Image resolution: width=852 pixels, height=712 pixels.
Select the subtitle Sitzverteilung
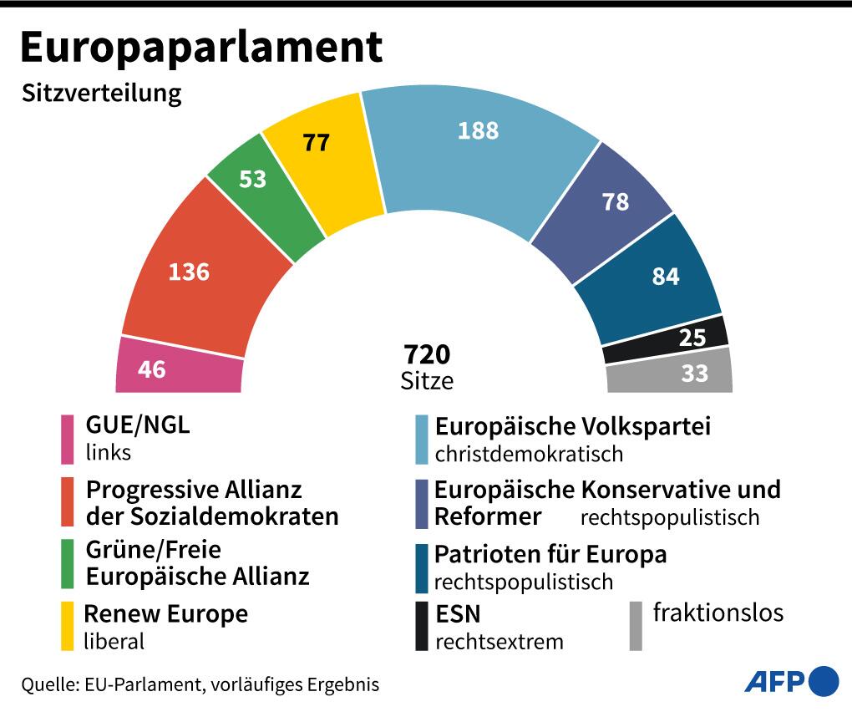click(x=102, y=93)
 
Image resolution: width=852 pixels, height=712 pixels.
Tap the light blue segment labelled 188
click(x=478, y=142)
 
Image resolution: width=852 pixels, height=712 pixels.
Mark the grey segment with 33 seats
click(x=677, y=372)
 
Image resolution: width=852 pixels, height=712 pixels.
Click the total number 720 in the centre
click(x=427, y=355)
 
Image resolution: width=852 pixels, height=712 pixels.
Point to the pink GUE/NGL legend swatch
click(x=68, y=439)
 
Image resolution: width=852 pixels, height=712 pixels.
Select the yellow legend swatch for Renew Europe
click(x=68, y=626)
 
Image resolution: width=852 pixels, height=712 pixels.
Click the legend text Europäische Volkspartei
click(x=572, y=427)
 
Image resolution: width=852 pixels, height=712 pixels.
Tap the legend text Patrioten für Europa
click(x=550, y=554)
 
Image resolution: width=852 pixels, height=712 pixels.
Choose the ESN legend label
click(x=459, y=615)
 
